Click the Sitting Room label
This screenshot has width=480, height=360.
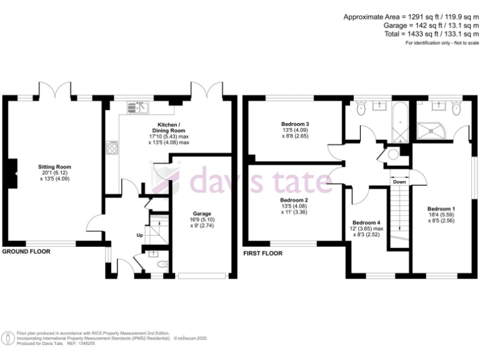coord(55,167)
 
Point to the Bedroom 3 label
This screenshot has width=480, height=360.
coord(294,124)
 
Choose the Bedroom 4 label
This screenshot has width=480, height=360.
coord(366,223)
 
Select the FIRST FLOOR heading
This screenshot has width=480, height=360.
coord(262,254)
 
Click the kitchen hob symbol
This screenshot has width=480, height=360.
coord(114,149)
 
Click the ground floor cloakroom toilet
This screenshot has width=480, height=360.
coord(162,265)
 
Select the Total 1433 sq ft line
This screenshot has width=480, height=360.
coord(431,34)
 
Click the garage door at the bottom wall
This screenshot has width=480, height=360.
coord(202,275)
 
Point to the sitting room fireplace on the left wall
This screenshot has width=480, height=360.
coord(9,172)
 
